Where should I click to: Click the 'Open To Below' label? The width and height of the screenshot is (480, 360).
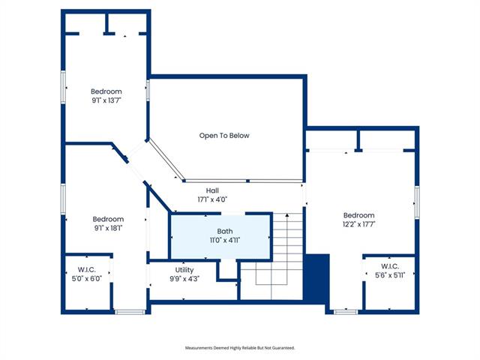tap(224, 136)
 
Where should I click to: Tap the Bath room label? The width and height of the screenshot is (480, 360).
tap(225, 232)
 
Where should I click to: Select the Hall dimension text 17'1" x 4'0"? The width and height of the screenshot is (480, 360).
tap(212, 199)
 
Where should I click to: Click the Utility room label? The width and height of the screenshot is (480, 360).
tap(184, 270)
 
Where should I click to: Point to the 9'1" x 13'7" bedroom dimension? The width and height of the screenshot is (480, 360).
tap(106, 100)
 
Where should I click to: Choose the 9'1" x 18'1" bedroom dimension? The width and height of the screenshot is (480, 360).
tap(108, 228)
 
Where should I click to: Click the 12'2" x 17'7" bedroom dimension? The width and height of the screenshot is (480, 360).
tap(358, 224)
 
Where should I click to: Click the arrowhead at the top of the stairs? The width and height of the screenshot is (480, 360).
tap(287, 215)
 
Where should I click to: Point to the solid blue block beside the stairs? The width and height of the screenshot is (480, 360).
tap(316, 278)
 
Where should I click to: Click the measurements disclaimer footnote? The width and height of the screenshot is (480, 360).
tap(240, 348)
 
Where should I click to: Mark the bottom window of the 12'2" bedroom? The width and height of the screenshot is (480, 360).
tap(346, 312)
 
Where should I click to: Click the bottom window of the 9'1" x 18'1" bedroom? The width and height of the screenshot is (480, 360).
tap(130, 312)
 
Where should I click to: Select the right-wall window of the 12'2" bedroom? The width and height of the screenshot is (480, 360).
tap(417, 202)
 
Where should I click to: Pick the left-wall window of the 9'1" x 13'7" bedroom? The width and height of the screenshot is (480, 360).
tap(63, 87)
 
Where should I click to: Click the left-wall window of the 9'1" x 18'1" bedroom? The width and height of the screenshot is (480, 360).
tap(63, 199)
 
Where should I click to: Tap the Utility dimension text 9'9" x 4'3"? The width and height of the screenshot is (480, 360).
tap(184, 279)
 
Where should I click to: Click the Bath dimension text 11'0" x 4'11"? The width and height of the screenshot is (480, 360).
tap(225, 240)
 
